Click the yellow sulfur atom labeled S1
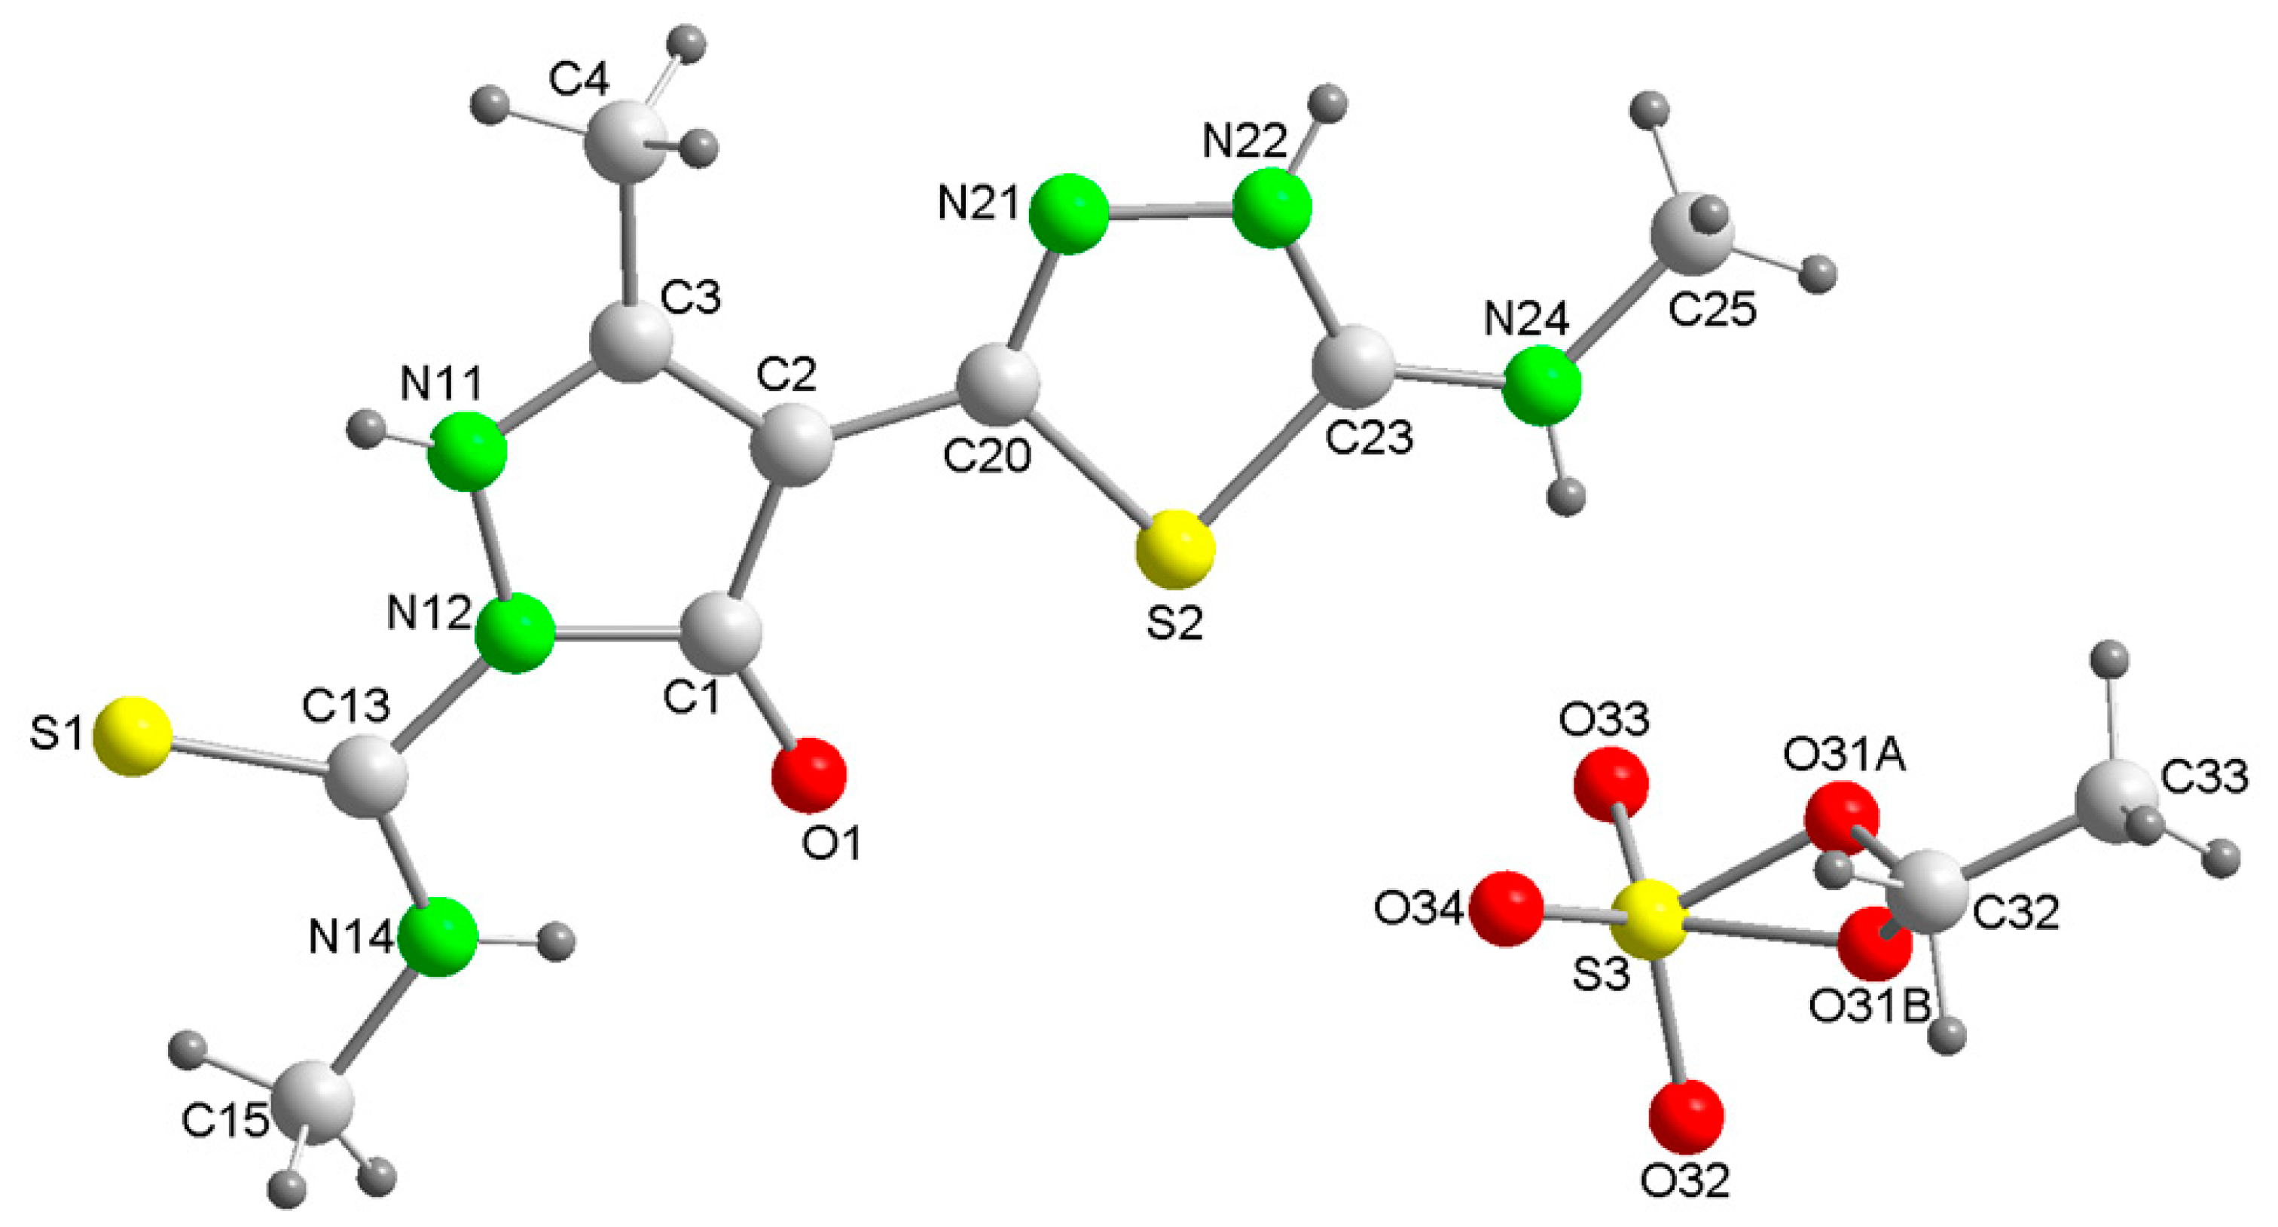coord(133,737)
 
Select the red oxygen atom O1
coord(808,775)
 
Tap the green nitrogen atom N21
coord(1069,214)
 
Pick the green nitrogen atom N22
coord(1272,210)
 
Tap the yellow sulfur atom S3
coord(1644,920)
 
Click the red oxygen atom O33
coord(1611,784)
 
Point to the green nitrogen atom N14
coord(438,937)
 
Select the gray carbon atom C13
coord(368,779)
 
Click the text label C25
coord(1712,310)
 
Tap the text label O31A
coord(1844,757)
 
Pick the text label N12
coord(429,612)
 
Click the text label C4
coord(579,81)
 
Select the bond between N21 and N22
coord(1171,213)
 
